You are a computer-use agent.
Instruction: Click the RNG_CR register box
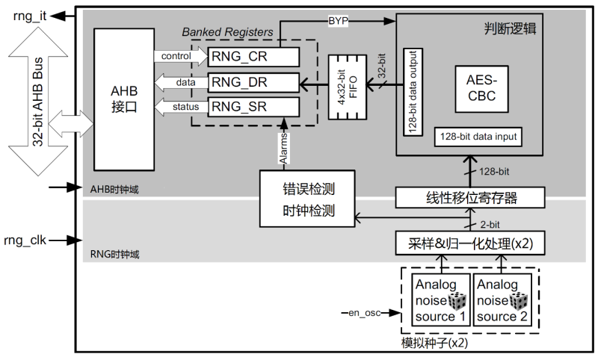(x=253, y=56)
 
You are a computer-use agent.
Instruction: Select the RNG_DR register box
(x=253, y=81)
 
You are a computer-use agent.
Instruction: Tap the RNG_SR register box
(x=253, y=107)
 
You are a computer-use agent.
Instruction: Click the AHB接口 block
(x=123, y=98)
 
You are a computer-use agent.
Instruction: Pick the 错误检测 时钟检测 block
(x=307, y=198)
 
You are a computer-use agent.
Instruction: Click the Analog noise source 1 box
(x=440, y=300)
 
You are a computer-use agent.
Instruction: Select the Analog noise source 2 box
(x=502, y=300)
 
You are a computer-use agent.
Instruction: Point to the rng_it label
(x=28, y=15)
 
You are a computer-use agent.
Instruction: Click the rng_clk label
(x=28, y=240)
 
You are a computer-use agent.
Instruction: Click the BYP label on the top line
(x=339, y=21)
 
